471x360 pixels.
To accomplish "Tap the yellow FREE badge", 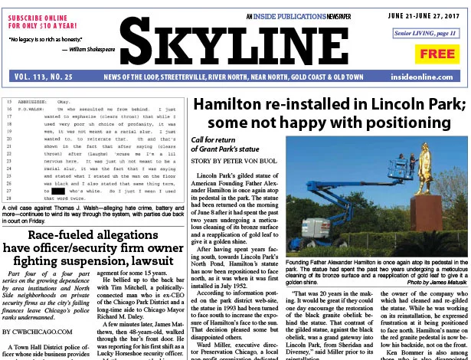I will click(x=437, y=54).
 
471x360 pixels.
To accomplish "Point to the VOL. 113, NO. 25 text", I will click(x=44, y=77).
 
